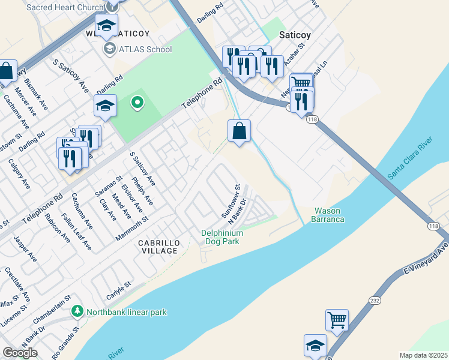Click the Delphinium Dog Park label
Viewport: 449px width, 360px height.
(222, 237)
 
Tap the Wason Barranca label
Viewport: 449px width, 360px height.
(329, 215)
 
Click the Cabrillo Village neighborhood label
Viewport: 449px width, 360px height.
(158, 247)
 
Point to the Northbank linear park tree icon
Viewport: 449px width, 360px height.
(77, 311)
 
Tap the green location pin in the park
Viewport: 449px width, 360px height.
(137, 103)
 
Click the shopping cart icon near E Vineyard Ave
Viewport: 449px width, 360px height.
(337, 320)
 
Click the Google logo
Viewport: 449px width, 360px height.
(20, 353)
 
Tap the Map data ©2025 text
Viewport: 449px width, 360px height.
(423, 355)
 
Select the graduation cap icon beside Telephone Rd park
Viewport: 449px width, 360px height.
(105, 106)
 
